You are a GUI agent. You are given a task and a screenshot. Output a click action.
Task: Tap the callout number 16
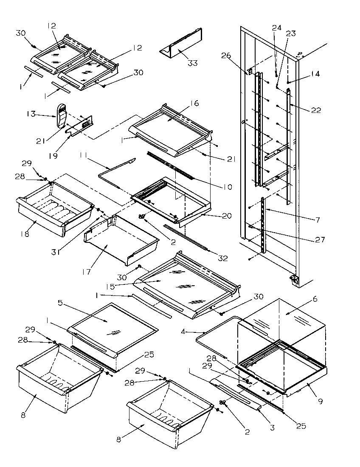click(x=195, y=103)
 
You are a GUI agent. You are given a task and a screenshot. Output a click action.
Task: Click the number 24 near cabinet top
click(x=276, y=28)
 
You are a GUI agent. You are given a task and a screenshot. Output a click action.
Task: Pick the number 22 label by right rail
click(x=315, y=110)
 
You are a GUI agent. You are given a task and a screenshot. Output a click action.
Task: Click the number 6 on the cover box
click(x=315, y=299)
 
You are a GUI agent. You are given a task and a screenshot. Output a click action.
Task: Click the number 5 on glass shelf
click(x=60, y=303)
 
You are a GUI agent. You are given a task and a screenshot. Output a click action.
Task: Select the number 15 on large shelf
click(x=110, y=287)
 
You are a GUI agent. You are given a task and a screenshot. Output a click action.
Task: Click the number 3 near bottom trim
click(x=272, y=428)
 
